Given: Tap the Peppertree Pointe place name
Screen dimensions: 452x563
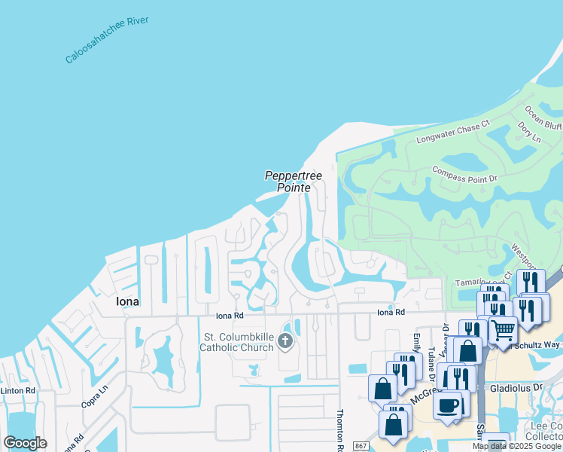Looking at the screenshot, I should click(294, 182).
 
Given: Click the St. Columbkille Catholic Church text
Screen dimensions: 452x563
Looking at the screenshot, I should click(238, 341).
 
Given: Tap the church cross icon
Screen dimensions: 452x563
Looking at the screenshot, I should click(285, 341).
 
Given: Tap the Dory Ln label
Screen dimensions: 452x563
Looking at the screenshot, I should click(530, 133).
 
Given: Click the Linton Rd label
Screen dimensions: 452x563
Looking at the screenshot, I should click(17, 390).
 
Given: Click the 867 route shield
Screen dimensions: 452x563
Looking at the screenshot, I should click(361, 446).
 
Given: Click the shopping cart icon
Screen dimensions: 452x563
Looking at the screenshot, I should click(503, 330).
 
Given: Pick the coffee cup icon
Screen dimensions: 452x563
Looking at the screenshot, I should click(449, 405).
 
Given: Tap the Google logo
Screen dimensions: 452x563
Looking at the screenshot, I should click(26, 442).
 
